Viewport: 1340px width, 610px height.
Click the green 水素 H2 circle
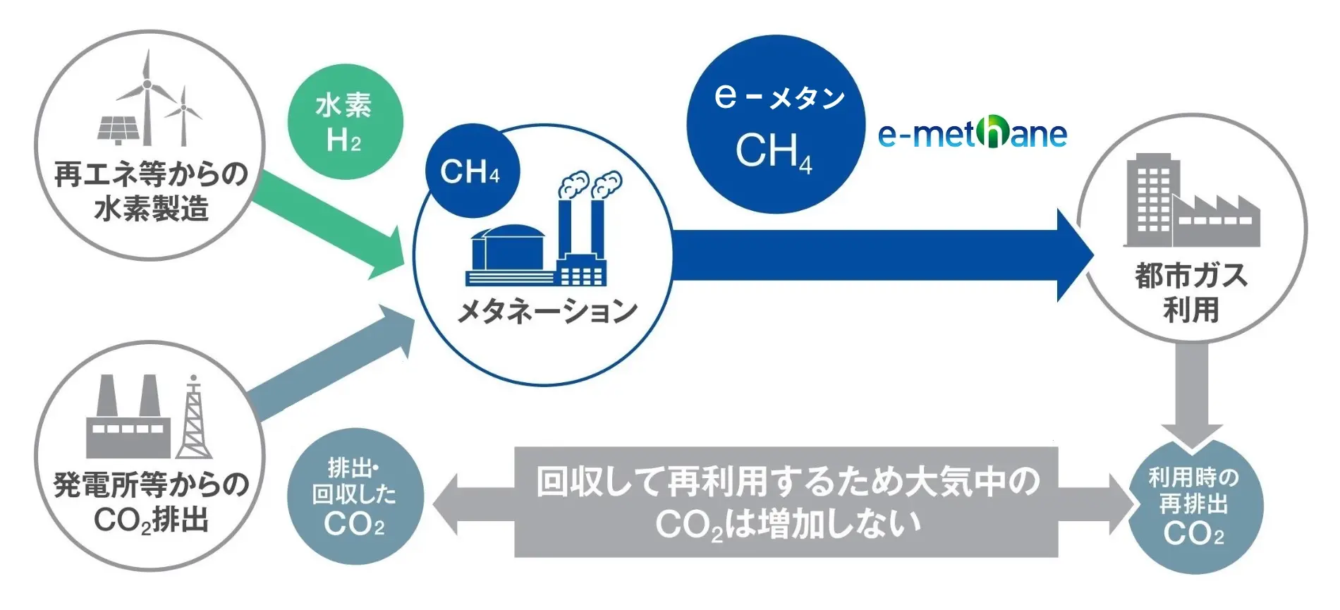point(345,122)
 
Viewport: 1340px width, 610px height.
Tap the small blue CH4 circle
point(472,171)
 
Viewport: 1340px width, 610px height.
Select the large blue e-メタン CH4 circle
point(776,124)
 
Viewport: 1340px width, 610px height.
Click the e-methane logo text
point(973,133)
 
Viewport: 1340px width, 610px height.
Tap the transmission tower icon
point(194,419)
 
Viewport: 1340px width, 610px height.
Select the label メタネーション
point(547,311)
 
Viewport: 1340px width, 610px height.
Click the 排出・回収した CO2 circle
point(355,496)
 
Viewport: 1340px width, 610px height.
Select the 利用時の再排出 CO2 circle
point(1195,506)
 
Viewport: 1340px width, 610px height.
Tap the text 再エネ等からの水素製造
point(151,191)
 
